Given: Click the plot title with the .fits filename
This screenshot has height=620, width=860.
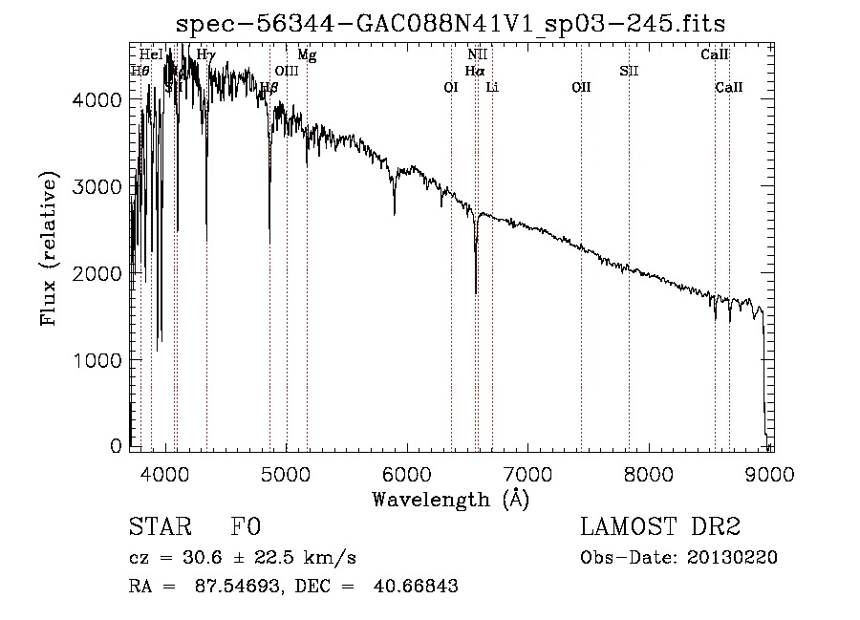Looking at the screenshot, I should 458,25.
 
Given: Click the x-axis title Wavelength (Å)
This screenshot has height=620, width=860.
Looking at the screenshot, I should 450,499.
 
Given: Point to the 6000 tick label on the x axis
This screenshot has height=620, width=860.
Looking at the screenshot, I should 407,474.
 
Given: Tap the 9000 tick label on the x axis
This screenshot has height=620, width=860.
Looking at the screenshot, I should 771,474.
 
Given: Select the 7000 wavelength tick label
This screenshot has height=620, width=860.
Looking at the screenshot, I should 528,474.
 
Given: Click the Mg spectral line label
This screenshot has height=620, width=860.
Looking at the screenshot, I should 307,55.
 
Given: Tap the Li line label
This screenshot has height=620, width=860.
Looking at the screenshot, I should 492,87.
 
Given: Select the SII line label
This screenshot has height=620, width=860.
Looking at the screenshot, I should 628,71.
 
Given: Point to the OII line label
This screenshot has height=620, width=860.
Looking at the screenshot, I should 581,87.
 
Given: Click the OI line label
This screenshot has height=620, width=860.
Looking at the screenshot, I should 451,87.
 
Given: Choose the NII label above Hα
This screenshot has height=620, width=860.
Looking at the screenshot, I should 477,55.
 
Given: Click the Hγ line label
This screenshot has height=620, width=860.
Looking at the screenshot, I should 206,55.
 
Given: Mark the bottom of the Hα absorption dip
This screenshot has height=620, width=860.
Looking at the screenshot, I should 476,292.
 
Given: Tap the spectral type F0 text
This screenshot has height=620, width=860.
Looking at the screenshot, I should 246,527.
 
